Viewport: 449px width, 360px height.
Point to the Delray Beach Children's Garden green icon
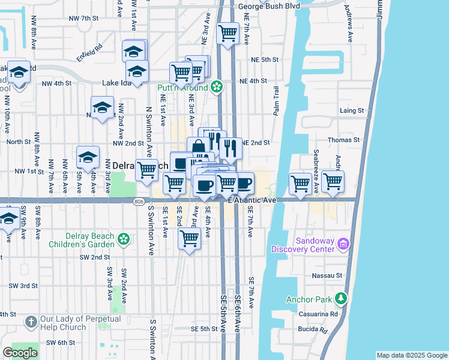pos(123,239)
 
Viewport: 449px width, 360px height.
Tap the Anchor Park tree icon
pos(341,298)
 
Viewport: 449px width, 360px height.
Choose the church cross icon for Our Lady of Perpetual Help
pos(31,322)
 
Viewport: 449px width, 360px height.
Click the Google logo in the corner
pos(20,353)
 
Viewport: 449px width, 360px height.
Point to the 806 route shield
pos(139,201)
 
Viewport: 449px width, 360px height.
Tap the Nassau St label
pos(327,276)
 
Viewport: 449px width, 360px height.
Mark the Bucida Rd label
pos(313,330)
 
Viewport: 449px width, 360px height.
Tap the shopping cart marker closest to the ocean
pos(333,182)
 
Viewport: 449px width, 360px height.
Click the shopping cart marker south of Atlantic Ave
pos(190,239)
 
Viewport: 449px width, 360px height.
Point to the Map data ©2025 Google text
pos(412,355)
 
